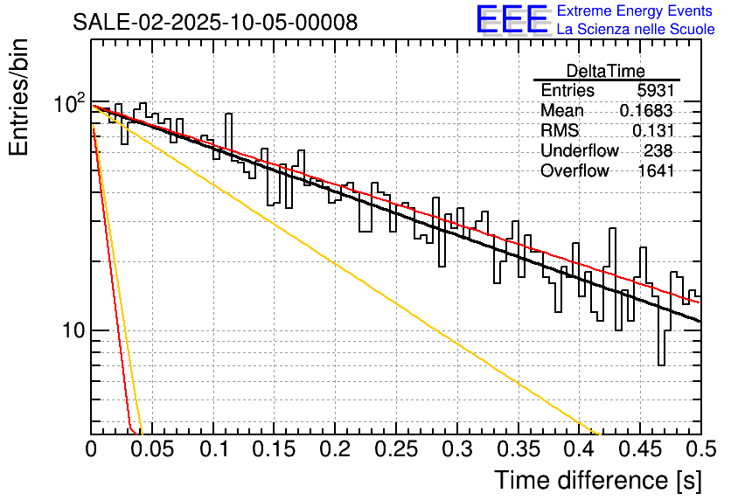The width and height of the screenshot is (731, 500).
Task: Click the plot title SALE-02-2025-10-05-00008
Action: [x=215, y=23]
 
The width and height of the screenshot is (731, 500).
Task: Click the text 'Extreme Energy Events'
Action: [x=636, y=11]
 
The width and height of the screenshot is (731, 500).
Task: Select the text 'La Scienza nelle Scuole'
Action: [x=636, y=30]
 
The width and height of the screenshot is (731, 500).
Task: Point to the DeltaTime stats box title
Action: [x=606, y=71]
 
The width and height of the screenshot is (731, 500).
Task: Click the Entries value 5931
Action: [x=656, y=91]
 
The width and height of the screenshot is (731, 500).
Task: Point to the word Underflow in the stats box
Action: [x=580, y=151]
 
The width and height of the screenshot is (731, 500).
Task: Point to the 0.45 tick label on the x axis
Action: [x=640, y=450]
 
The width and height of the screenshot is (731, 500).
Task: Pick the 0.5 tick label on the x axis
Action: [x=700, y=450]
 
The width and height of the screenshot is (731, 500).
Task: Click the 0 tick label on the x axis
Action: [x=92, y=450]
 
